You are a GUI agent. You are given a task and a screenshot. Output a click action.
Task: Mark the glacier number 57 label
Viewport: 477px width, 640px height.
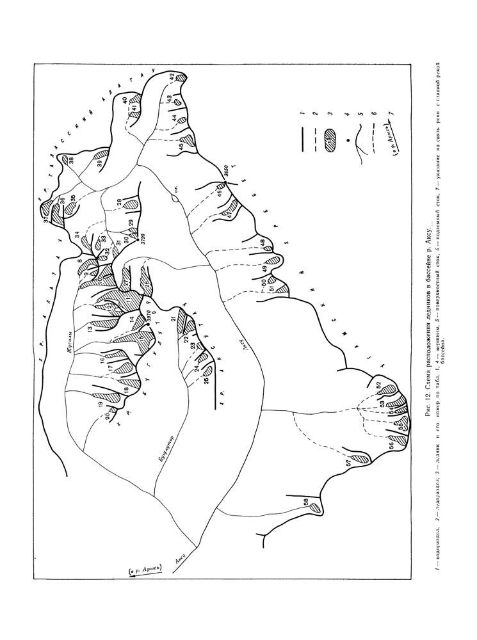click(350, 462)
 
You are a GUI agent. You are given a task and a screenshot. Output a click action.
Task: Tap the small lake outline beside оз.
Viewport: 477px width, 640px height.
click(174, 199)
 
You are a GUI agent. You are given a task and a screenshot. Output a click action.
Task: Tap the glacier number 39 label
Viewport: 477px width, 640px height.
click(101, 163)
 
